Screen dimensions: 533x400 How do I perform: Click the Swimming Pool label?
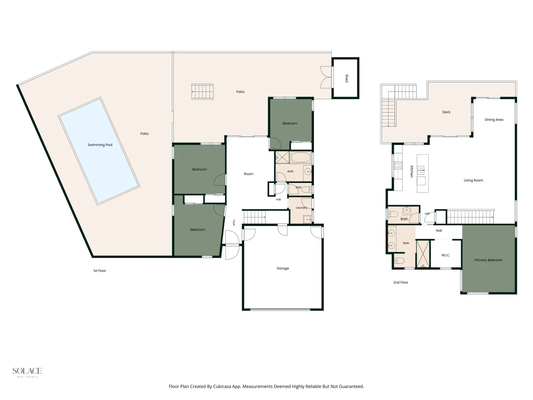tap(100, 145)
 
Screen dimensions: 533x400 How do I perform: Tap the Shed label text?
tap(347, 78)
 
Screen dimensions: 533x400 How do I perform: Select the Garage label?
tap(283, 269)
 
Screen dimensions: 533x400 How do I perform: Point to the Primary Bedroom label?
tap(488, 260)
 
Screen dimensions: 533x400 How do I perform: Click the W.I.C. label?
tap(446, 255)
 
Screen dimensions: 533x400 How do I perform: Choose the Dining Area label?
tap(494, 120)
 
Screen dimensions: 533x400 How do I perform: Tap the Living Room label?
tap(473, 180)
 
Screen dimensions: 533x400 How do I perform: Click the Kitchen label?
tap(412, 171)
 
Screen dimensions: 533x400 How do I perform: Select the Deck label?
tap(446, 112)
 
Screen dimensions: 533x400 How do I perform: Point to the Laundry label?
tap(301, 208)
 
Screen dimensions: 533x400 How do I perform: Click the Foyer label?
tap(234, 223)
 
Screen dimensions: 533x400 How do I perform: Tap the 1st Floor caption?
tap(100, 270)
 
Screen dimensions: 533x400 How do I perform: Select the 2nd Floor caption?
tap(400, 283)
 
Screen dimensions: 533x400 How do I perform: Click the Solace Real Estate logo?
tap(27, 372)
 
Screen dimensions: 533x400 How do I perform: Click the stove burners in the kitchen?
tap(398, 166)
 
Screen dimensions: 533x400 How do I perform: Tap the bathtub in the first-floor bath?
tap(301, 157)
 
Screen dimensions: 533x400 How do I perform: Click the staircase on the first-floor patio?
tap(202, 91)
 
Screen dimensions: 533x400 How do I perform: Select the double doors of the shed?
tap(326, 77)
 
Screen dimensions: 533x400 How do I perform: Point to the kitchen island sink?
tap(421, 170)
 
